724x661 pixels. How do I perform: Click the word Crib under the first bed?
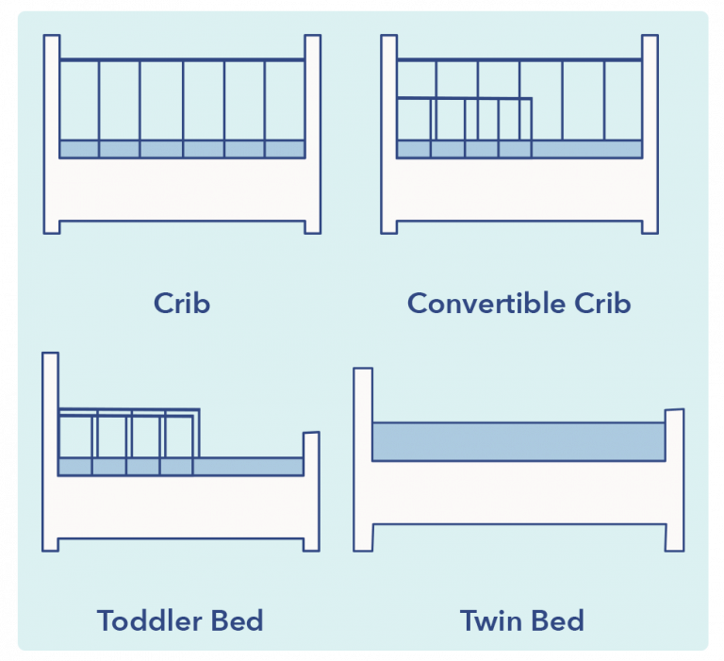coord(181,303)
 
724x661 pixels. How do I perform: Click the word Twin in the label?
coord(491,620)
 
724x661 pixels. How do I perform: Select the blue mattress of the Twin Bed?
coord(518,441)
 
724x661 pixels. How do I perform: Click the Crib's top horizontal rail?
coord(182,60)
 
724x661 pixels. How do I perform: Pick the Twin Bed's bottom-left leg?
coord(363,537)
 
